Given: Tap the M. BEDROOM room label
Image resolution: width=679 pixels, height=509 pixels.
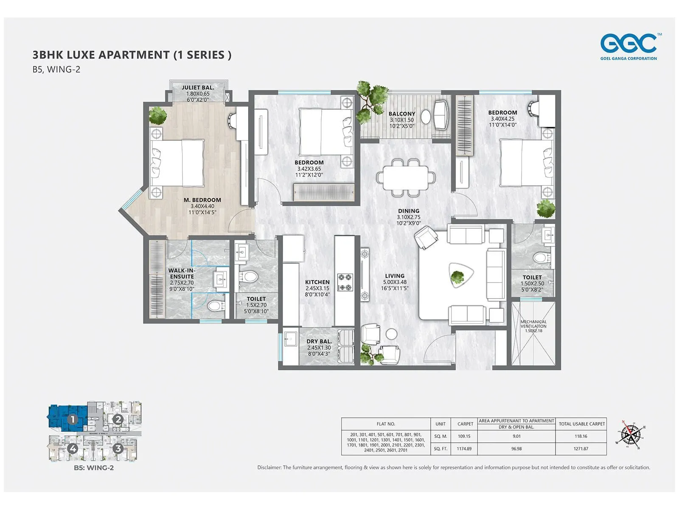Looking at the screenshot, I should [x=202, y=200].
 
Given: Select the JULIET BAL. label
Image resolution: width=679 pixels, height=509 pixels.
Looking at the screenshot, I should [x=198, y=87].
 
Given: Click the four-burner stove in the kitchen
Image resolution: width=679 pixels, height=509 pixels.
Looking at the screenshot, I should [x=345, y=282].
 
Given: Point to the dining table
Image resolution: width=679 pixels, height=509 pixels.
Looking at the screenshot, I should [x=405, y=178].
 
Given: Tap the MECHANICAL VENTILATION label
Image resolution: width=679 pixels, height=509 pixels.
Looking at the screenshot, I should [x=533, y=324].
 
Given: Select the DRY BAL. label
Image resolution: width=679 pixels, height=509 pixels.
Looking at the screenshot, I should [x=319, y=341].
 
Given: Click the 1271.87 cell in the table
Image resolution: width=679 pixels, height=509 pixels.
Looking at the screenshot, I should [x=581, y=449].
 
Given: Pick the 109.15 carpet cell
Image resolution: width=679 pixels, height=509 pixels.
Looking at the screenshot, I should [x=464, y=436].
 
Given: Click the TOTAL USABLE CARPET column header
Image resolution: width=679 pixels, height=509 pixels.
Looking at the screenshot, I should [x=581, y=424].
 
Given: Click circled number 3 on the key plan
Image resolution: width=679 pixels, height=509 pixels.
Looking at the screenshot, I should [x=118, y=448].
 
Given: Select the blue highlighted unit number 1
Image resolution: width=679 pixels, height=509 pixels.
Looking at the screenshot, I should [x=73, y=420].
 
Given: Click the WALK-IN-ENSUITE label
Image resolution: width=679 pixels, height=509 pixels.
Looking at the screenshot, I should [x=182, y=273].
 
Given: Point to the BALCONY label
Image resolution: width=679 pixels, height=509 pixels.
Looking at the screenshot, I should [x=401, y=114].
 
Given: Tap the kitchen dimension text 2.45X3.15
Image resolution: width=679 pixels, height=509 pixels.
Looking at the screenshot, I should [x=317, y=288].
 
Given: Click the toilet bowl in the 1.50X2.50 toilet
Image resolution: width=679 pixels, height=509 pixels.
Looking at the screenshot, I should [x=541, y=257].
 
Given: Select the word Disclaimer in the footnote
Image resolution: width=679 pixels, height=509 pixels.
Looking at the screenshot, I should [x=269, y=467].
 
